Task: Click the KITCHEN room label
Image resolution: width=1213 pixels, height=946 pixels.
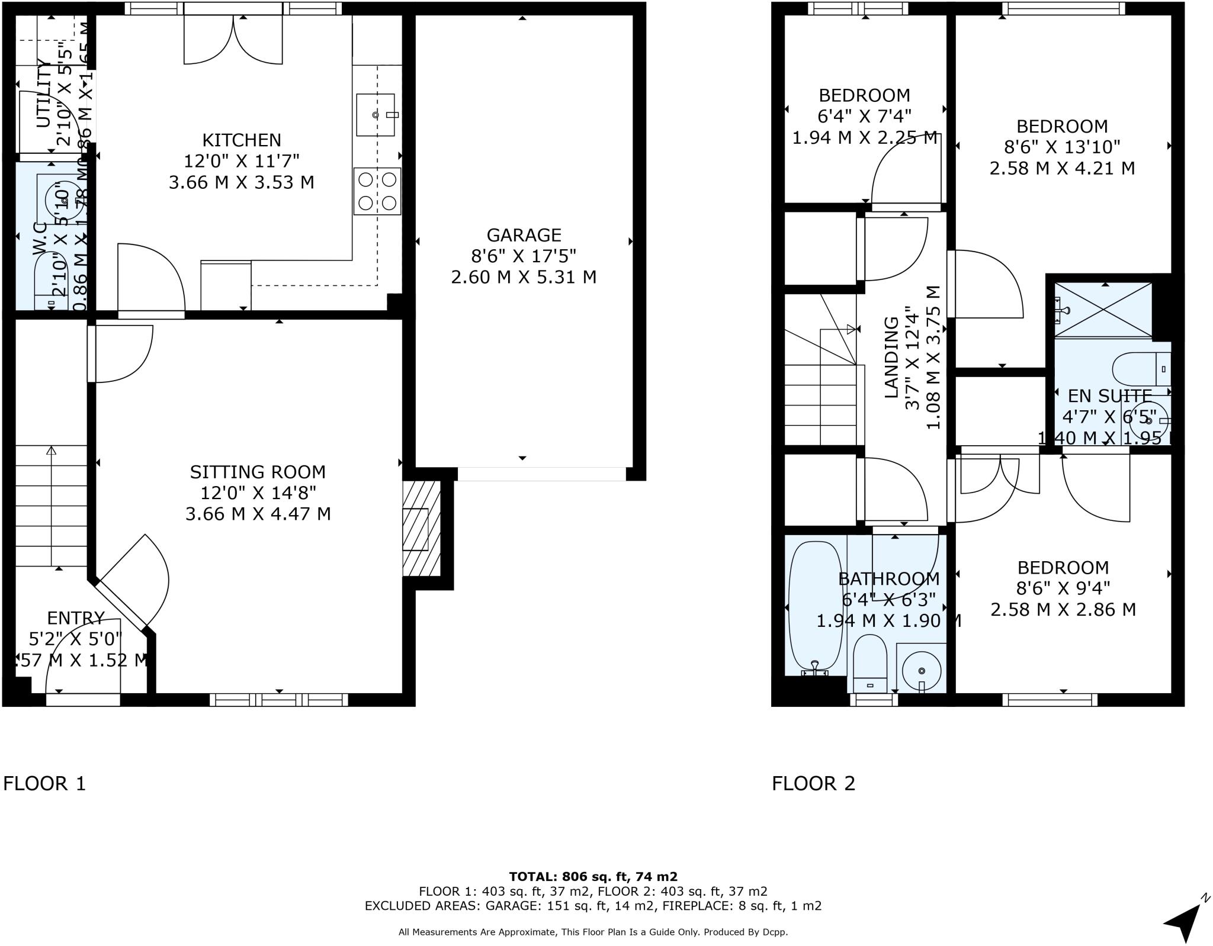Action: click(242, 140)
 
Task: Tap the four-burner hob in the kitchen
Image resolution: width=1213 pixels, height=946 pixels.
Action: click(377, 191)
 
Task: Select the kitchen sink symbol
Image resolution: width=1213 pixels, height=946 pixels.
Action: click(376, 115)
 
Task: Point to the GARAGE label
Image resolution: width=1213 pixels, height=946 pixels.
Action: click(524, 236)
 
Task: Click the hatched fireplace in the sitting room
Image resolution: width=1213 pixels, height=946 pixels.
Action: click(421, 529)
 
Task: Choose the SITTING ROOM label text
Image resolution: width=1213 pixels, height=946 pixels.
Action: click(258, 472)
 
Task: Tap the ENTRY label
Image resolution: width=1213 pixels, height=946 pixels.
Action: click(75, 618)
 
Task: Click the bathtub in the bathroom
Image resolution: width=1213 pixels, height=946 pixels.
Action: click(815, 608)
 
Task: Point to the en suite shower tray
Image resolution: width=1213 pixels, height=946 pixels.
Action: click(1104, 310)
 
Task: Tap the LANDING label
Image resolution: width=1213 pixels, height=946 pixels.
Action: click(891, 358)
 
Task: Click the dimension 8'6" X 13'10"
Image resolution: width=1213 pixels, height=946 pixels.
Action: click(1062, 147)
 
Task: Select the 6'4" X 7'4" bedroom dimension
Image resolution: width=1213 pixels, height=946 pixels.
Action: click(864, 116)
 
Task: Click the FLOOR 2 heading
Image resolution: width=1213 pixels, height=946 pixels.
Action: click(813, 784)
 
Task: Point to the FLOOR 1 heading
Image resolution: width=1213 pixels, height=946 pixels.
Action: click(44, 784)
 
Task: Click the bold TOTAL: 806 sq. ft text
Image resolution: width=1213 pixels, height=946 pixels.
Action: click(593, 877)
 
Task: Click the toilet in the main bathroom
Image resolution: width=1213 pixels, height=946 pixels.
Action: click(869, 662)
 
